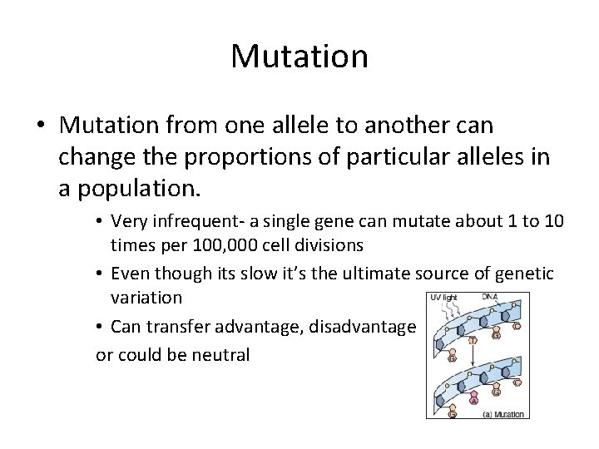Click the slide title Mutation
coord(299,57)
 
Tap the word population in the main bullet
coord(138,186)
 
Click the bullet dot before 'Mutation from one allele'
coord(42,126)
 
